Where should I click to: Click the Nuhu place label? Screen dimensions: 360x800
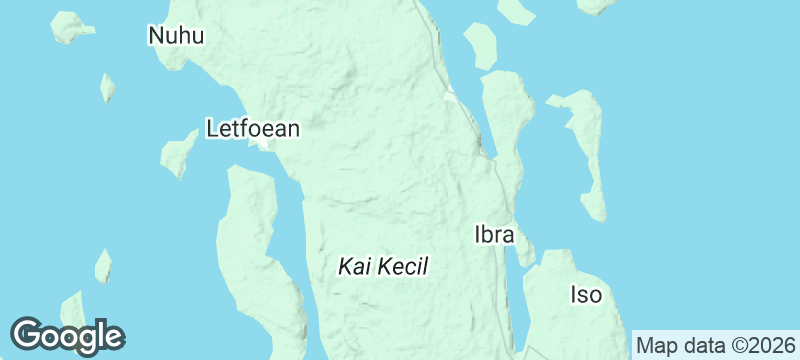point(176,37)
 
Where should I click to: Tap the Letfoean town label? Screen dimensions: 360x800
point(253,128)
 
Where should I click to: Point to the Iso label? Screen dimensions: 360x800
point(586,295)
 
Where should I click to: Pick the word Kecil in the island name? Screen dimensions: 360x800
point(405,267)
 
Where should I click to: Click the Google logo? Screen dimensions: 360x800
point(67,335)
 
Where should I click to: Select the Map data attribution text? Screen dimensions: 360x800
point(715,346)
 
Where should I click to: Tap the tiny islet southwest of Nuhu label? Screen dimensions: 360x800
point(106,86)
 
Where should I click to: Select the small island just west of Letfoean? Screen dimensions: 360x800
point(179,153)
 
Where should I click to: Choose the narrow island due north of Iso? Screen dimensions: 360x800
point(586,150)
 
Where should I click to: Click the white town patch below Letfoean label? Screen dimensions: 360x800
point(262,145)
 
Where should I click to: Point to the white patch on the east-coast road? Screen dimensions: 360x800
point(451,98)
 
